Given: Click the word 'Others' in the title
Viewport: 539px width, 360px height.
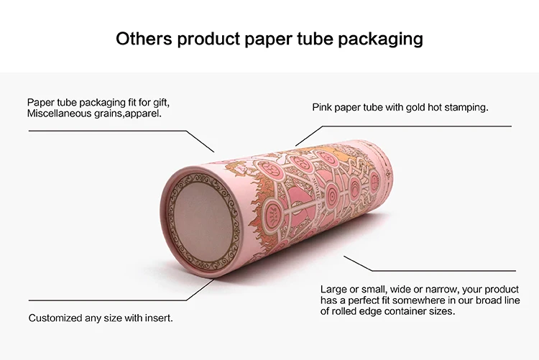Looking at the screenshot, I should pyautogui.click(x=144, y=38).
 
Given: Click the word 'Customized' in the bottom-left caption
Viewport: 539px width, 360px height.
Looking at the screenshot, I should pyautogui.click(x=56, y=317).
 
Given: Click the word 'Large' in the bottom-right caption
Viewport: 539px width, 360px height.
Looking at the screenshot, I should pyautogui.click(x=334, y=289).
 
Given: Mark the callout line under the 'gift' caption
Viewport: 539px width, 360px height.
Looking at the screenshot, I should pyautogui.click(x=108, y=131).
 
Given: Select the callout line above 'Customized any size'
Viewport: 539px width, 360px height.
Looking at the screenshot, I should pyautogui.click(x=108, y=300).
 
